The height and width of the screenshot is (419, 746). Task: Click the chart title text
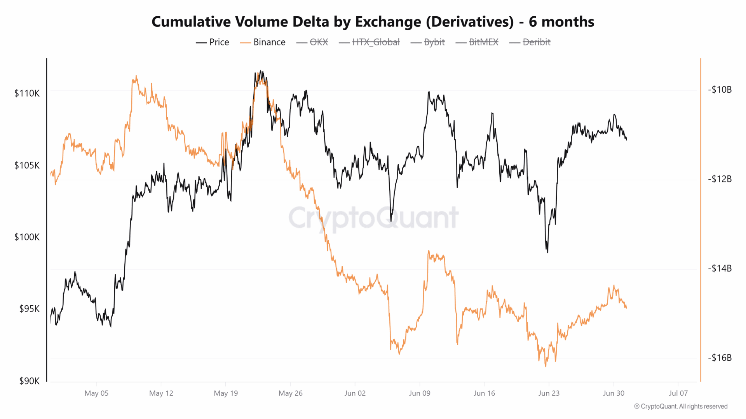pyautogui.click(x=373, y=22)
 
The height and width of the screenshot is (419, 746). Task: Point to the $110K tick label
pyautogui.click(x=27, y=93)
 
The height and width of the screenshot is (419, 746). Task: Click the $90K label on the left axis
pyautogui.click(x=29, y=381)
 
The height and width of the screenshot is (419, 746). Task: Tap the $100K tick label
pyautogui.click(x=27, y=237)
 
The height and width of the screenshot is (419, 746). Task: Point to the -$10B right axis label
pyautogui.click(x=720, y=90)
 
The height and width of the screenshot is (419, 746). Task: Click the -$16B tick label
pyautogui.click(x=720, y=358)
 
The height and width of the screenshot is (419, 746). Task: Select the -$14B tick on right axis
pyautogui.click(x=720, y=268)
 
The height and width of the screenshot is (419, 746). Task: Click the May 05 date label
pyautogui.click(x=96, y=393)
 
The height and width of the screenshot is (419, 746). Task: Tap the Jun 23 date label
pyautogui.click(x=549, y=393)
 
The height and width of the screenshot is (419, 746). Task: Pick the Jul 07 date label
pyautogui.click(x=678, y=393)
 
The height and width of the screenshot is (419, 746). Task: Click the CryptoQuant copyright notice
pyautogui.click(x=681, y=406)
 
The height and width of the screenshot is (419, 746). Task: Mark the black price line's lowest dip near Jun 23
pyautogui.click(x=547, y=252)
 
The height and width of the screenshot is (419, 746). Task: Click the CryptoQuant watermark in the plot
pyautogui.click(x=373, y=218)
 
